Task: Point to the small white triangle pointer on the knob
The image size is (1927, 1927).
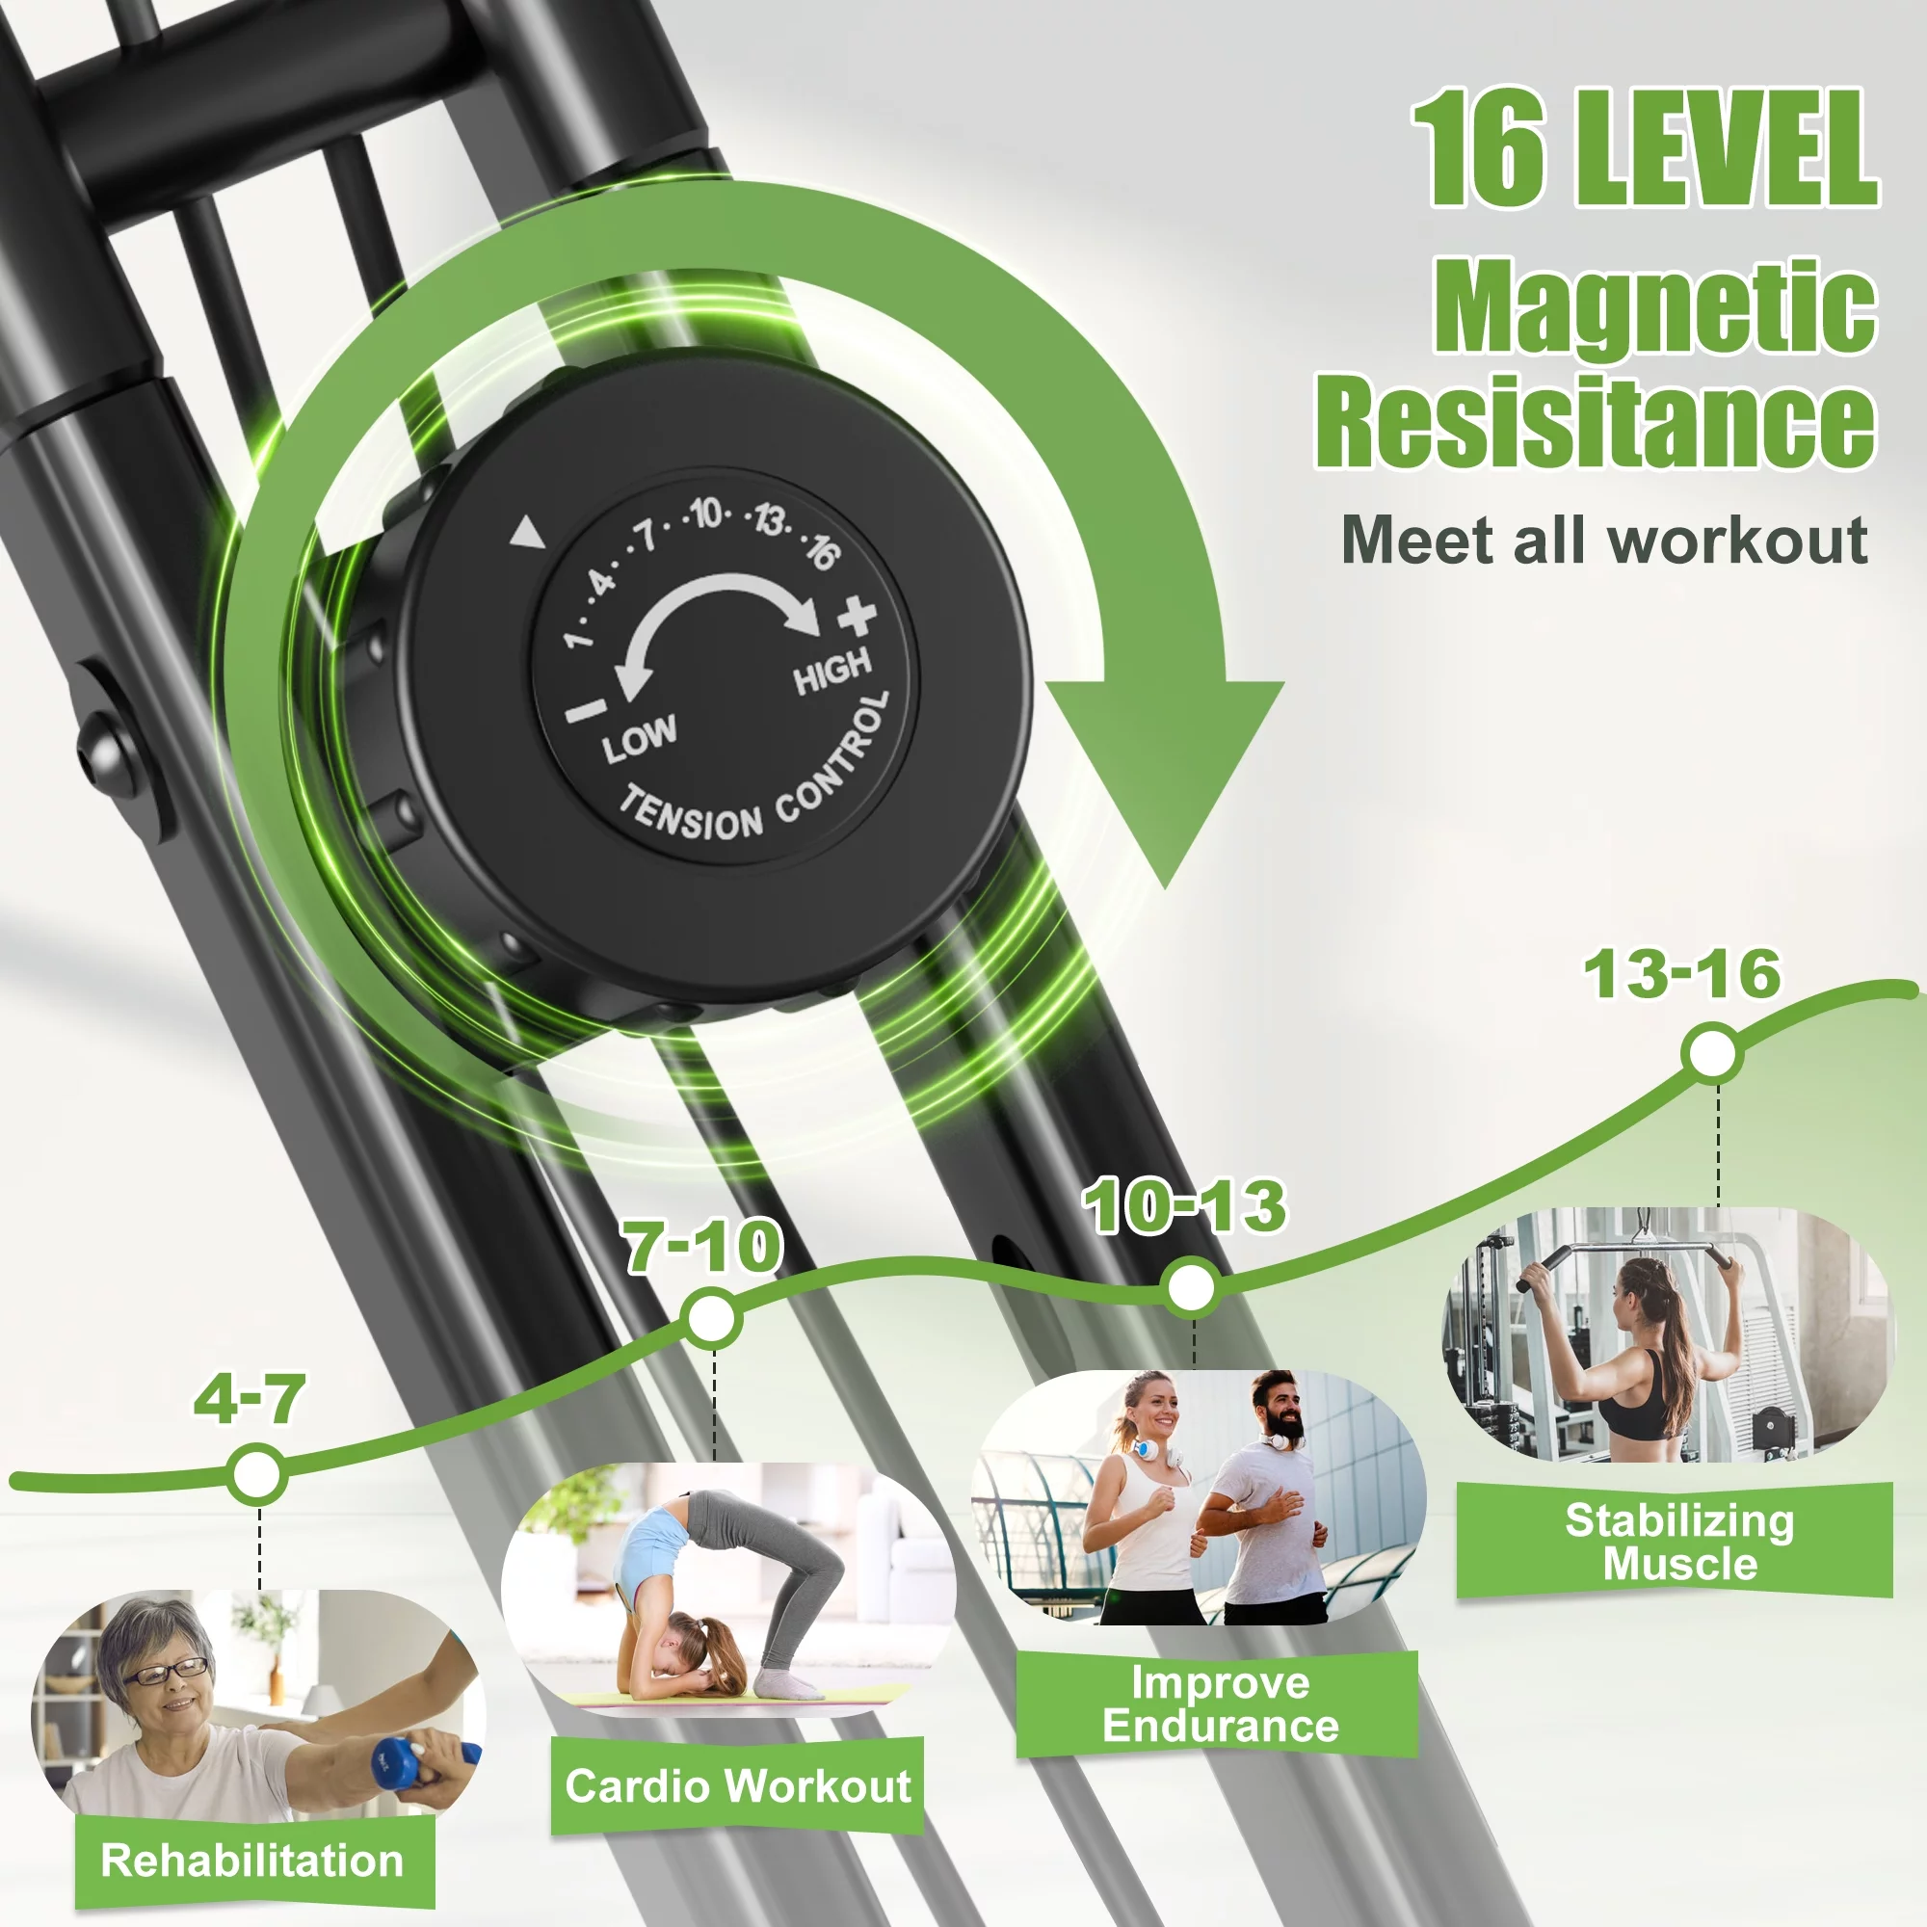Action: click(x=528, y=533)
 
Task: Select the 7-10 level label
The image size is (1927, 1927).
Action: click(x=702, y=1246)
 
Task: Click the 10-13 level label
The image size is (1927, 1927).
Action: click(x=1186, y=1206)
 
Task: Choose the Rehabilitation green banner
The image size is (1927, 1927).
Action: click(x=253, y=1861)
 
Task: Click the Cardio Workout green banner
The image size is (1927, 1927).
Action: click(x=737, y=1785)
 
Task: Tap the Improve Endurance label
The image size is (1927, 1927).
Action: click(x=1219, y=1704)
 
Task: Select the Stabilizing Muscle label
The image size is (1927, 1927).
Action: click(x=1678, y=1542)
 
